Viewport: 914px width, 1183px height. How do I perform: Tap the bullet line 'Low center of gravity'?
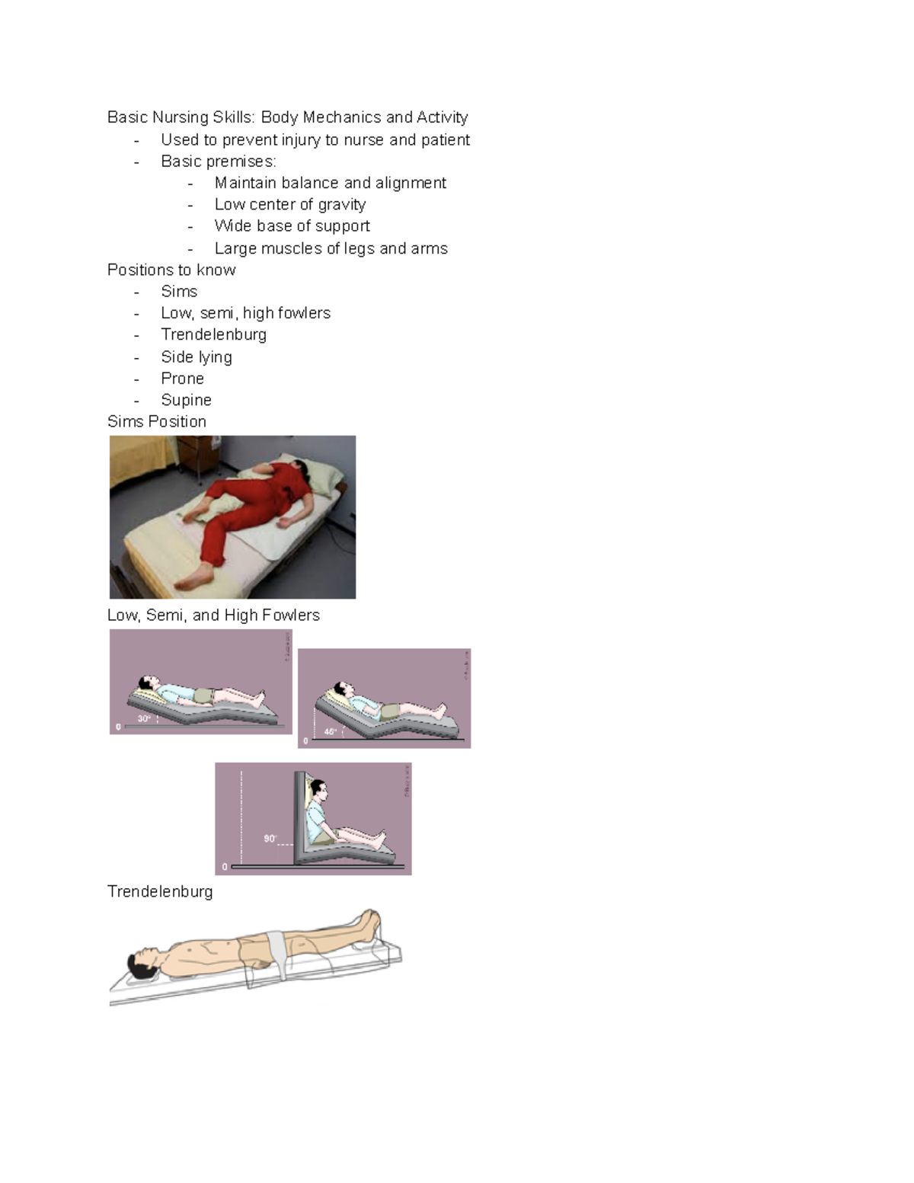pos(289,204)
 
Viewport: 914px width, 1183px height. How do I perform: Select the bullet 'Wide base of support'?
pos(292,226)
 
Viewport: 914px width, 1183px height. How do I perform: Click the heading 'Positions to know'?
pos(171,270)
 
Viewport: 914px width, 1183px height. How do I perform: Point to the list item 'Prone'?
pos(182,379)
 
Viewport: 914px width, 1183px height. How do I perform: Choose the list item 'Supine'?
pos(186,400)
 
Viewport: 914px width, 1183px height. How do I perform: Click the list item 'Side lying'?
pos(196,356)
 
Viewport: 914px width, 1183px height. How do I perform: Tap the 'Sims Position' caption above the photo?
pos(157,421)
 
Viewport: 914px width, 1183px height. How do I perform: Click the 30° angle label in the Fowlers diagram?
pos(144,718)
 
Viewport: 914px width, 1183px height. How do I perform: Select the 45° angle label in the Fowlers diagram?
pos(330,731)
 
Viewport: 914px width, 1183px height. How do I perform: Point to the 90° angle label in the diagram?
pos(270,838)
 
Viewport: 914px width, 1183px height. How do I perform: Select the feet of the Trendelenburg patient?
pos(371,923)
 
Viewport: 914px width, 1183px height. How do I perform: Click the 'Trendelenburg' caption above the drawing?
pos(160,891)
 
